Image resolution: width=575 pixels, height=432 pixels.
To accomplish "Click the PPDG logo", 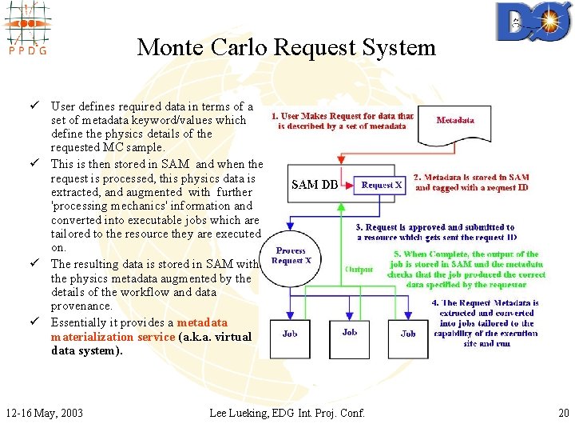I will [26, 29].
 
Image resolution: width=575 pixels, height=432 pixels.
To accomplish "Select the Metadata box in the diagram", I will [455, 120].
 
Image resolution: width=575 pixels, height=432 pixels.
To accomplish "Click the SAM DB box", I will [315, 185].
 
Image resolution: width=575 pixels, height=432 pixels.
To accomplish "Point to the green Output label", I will [359, 269].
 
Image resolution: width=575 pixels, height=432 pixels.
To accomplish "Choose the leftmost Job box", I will [290, 334].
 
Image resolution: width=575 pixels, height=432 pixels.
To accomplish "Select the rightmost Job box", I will [408, 334].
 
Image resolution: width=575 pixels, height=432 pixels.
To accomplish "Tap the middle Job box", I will [349, 332].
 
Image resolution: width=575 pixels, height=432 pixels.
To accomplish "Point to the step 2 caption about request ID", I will [471, 182].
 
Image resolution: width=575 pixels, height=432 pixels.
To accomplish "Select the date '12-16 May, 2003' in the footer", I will [44, 413].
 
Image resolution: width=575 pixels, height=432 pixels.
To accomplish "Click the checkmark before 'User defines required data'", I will [37, 106].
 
